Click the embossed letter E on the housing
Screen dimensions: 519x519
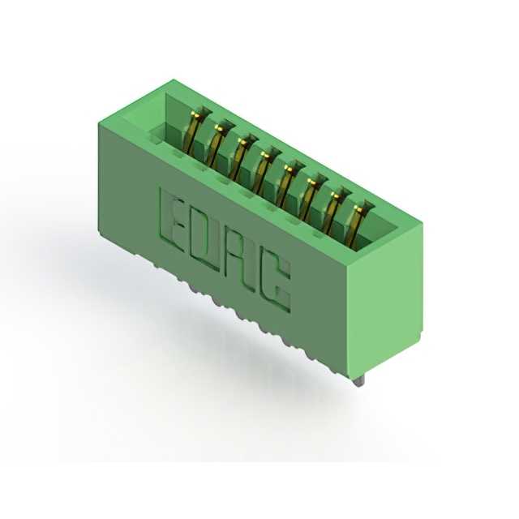pyautogui.click(x=171, y=221)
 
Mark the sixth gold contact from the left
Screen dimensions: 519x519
pyautogui.click(x=309, y=199)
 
